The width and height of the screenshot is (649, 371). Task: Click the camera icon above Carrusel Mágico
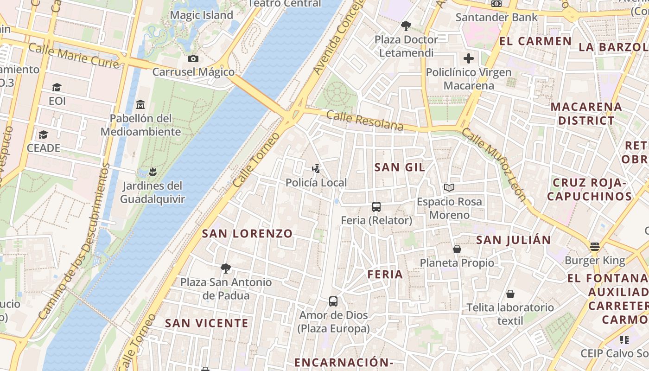point(193,58)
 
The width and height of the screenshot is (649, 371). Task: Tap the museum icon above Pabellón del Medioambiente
point(141,105)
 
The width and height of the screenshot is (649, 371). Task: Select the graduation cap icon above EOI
point(57,87)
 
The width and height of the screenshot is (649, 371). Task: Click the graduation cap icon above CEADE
point(43,134)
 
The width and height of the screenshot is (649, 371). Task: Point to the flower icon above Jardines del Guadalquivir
point(152,173)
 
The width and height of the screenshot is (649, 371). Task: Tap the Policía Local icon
point(316,169)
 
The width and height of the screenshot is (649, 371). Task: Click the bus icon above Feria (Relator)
point(376,207)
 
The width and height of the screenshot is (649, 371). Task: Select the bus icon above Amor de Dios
point(333,301)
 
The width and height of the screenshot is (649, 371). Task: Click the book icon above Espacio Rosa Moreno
point(449,187)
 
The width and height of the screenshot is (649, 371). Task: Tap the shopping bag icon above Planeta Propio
point(457,249)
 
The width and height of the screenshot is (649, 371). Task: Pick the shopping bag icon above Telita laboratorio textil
point(510,294)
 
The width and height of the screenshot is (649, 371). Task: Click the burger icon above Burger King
point(595,246)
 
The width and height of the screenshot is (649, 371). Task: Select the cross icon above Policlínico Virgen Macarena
point(469,58)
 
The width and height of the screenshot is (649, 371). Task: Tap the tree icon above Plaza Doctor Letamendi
point(406,26)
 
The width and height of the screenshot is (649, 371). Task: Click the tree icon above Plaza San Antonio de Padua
point(226,268)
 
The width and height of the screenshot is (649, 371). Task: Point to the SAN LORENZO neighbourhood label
point(248,234)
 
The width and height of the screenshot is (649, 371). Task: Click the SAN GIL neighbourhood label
point(400,167)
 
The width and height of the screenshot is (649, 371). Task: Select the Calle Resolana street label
point(365,121)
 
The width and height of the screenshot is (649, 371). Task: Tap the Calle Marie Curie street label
point(74,55)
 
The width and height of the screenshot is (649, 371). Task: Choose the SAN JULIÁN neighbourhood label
point(514,240)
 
